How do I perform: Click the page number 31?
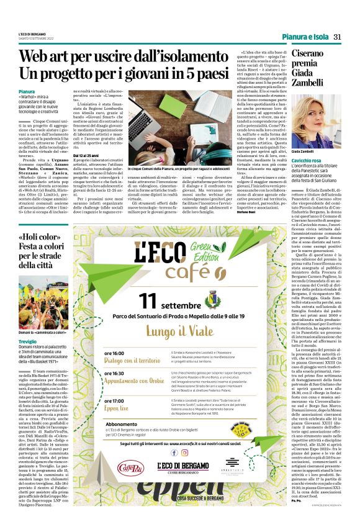point(337,37)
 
